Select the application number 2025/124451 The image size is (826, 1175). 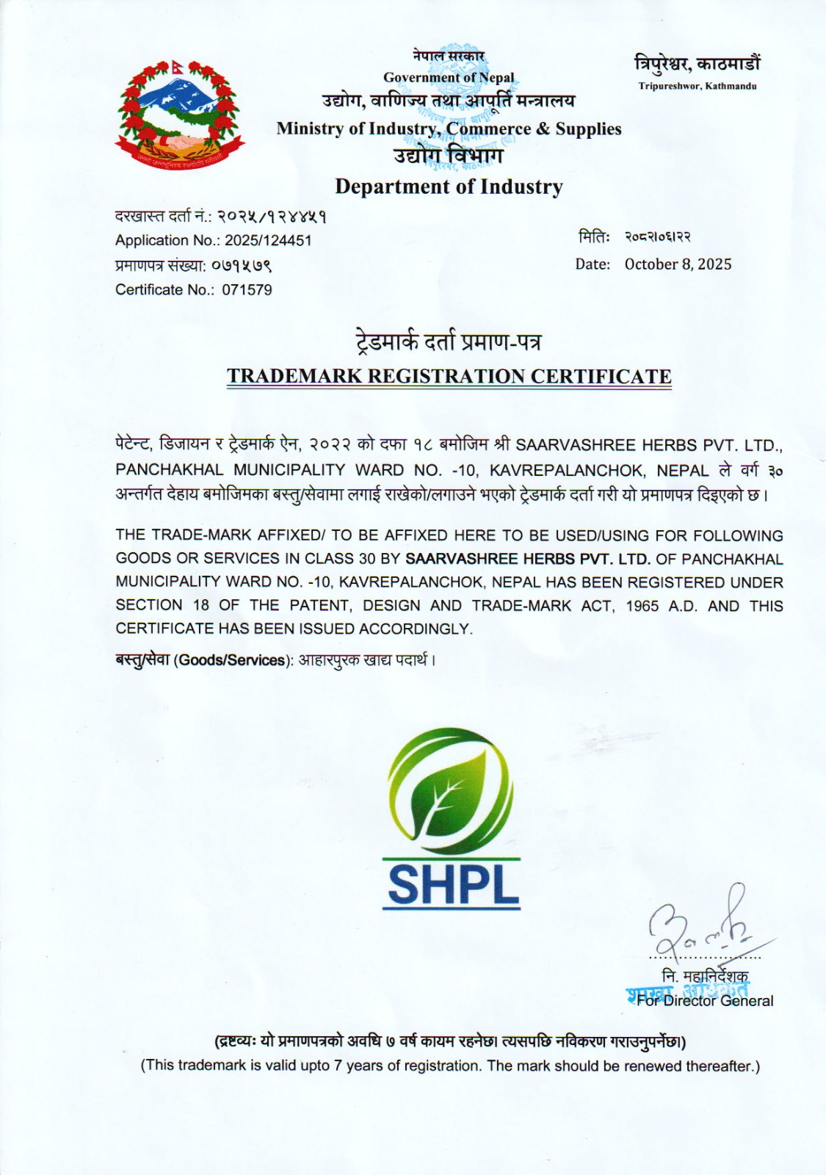click(268, 240)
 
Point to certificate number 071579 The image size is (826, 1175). click(247, 289)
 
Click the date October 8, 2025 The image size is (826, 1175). click(678, 264)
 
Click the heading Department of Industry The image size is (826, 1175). click(449, 187)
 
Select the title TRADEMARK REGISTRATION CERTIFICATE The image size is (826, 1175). click(449, 376)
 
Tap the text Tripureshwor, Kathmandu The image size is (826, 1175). click(697, 87)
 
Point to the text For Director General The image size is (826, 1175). click(705, 1000)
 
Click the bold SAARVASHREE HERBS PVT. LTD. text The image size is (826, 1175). click(527, 559)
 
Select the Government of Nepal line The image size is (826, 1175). click(449, 77)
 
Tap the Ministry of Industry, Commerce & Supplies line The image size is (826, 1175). click(449, 129)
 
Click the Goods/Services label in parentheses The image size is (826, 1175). click(231, 659)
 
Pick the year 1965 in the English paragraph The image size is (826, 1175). click(642, 606)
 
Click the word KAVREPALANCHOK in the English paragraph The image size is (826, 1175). click(411, 582)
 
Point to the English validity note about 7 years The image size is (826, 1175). click(450, 1066)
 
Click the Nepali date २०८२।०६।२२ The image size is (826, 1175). click(657, 237)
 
